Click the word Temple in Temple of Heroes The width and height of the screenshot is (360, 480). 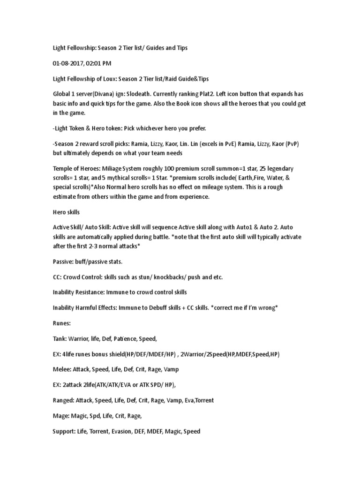63,168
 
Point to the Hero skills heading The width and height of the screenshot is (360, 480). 66,212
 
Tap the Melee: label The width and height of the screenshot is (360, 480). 62,369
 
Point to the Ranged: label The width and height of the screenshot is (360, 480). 65,400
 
